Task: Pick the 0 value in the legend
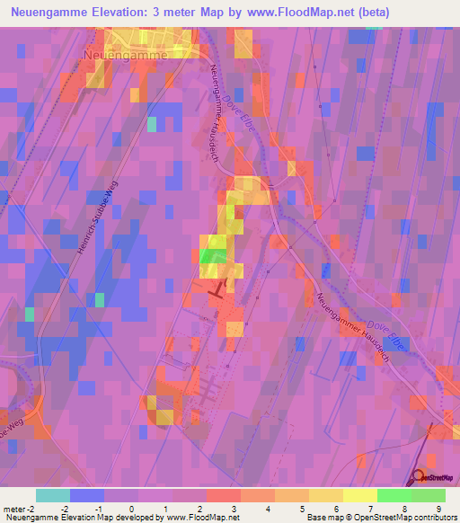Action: [x=131, y=508]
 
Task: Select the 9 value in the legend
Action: [x=438, y=508]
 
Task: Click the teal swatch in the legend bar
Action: [x=52, y=495]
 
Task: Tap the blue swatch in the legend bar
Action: [x=86, y=495]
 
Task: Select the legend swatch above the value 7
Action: [x=359, y=495]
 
